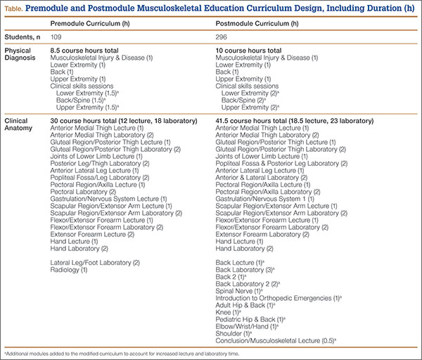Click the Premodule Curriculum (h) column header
click(90, 24)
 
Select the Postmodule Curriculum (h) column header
click(257, 24)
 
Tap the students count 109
click(56, 37)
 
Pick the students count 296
click(222, 37)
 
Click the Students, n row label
click(23, 37)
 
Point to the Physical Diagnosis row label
click(20, 54)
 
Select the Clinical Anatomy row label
click(18, 124)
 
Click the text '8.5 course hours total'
click(84, 51)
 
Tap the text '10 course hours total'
click(248, 51)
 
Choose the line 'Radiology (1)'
click(69, 270)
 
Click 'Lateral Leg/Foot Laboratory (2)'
click(95, 262)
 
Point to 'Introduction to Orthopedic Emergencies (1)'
click(279, 298)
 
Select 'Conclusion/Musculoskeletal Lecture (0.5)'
click(276, 340)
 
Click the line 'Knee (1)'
click(228, 312)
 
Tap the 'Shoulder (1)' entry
click(234, 333)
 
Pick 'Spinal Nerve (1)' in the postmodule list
click(239, 291)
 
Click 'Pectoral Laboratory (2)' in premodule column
click(83, 192)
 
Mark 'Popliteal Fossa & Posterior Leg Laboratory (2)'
click(281, 164)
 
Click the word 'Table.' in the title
click(13, 9)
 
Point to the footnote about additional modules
click(122, 354)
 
